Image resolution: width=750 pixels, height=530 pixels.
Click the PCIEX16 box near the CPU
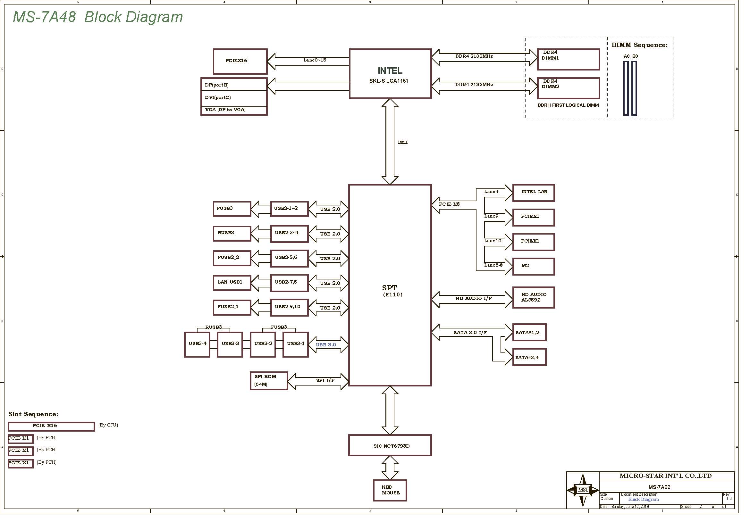(x=240, y=61)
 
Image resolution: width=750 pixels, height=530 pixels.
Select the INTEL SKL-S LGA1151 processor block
(x=390, y=74)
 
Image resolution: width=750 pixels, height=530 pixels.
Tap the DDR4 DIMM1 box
(x=569, y=59)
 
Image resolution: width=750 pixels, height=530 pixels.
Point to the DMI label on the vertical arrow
(x=403, y=142)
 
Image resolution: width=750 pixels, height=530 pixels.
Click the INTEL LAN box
(x=534, y=193)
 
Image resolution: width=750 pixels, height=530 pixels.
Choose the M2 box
(x=534, y=266)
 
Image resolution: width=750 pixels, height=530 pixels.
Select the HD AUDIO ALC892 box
(x=534, y=297)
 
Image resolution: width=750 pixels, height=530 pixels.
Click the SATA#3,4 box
(x=529, y=357)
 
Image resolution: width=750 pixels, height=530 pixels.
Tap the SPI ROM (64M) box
(x=268, y=381)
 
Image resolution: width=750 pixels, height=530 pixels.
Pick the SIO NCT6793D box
(x=390, y=445)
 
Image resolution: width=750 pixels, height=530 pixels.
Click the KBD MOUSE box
(x=390, y=490)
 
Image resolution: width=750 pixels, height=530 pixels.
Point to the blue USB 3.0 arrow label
(x=326, y=345)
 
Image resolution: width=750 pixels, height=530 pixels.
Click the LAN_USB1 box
(x=232, y=282)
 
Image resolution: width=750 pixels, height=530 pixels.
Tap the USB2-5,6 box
(x=289, y=258)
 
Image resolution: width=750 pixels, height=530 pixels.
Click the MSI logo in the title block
(x=583, y=490)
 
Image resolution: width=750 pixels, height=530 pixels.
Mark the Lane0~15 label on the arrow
(x=315, y=60)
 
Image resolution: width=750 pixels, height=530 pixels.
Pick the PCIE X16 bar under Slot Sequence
(x=51, y=426)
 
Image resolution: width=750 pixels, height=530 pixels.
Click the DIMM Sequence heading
(x=640, y=45)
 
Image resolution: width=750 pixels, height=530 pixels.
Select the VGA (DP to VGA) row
(x=233, y=110)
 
